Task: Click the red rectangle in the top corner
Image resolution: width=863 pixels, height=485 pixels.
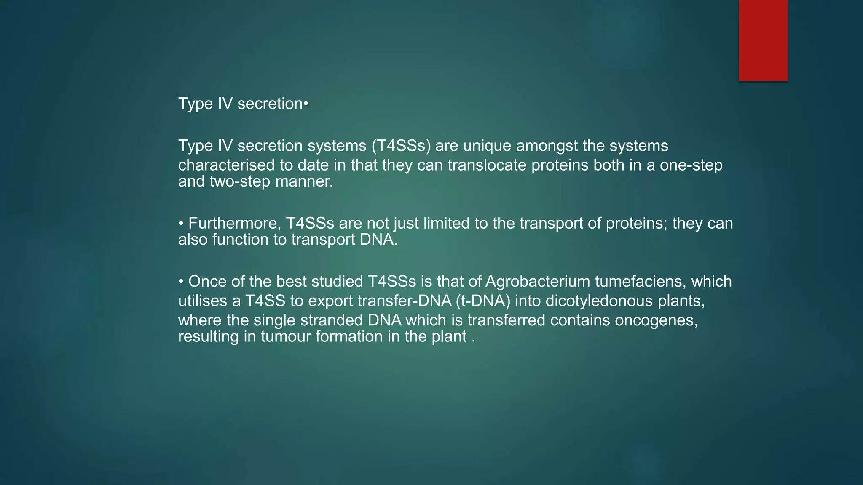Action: pyautogui.click(x=763, y=40)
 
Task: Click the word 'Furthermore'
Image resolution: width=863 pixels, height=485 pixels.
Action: pyautogui.click(x=234, y=224)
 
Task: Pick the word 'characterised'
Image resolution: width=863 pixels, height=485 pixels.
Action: pyautogui.click(x=226, y=165)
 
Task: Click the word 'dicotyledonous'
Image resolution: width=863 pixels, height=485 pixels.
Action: pyautogui.click(x=599, y=301)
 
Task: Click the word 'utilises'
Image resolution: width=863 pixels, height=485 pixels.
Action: pyautogui.click(x=204, y=301)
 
